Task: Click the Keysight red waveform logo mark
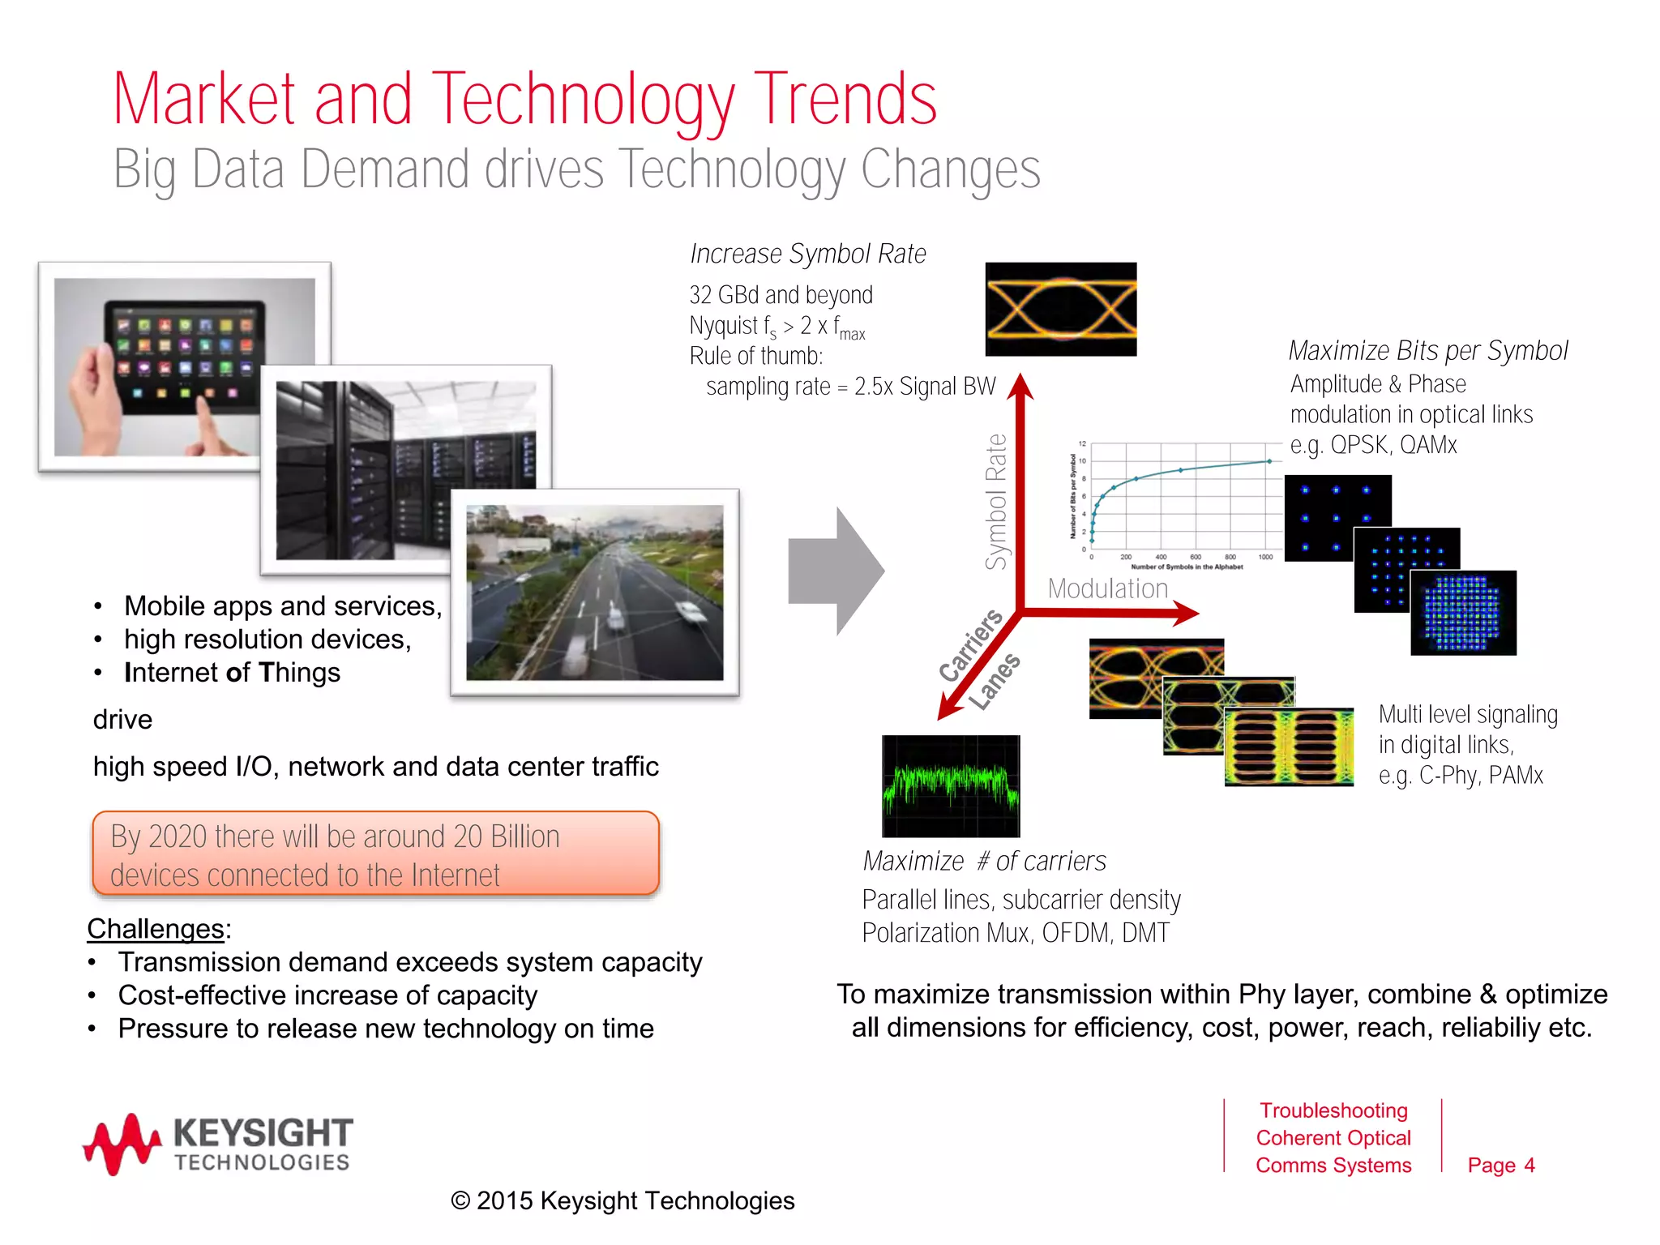pos(122,1144)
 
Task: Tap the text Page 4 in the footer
pos(1500,1165)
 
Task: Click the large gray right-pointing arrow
pos(836,571)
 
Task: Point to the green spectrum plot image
pos(951,785)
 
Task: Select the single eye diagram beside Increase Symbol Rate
pos(1060,309)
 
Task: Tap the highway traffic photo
pos(594,593)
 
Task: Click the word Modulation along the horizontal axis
pos(1107,588)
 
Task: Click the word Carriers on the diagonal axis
pos(970,646)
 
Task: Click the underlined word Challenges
pos(156,929)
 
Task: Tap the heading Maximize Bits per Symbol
pos(1427,350)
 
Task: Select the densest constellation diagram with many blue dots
pos(1463,614)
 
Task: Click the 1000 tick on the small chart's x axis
pos(1265,557)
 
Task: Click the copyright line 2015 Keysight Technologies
pos(622,1200)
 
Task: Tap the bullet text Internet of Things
pos(232,673)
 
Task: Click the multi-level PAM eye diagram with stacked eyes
pos(1289,747)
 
